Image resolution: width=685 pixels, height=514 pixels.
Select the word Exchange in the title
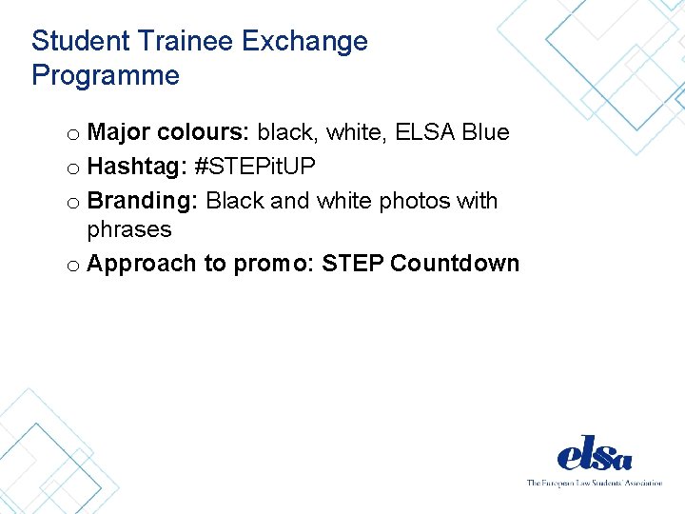click(304, 41)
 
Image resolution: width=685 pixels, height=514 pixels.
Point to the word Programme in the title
click(105, 75)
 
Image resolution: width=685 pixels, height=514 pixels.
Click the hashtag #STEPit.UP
click(254, 167)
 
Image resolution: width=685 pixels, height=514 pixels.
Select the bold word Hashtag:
click(137, 167)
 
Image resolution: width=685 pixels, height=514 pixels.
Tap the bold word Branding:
click(143, 201)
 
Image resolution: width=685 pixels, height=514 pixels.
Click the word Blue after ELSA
click(485, 132)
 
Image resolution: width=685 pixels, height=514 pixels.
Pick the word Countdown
click(455, 263)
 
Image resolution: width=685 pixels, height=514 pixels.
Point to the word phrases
click(129, 230)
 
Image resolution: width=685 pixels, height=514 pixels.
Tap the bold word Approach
click(142, 264)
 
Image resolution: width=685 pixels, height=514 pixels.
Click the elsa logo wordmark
click(594, 454)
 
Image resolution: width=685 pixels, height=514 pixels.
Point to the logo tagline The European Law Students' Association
click(595, 483)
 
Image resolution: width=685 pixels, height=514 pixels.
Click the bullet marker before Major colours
click(73, 134)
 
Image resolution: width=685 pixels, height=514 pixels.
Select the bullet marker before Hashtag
click(73, 168)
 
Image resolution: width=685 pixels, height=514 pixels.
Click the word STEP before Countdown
click(353, 263)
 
